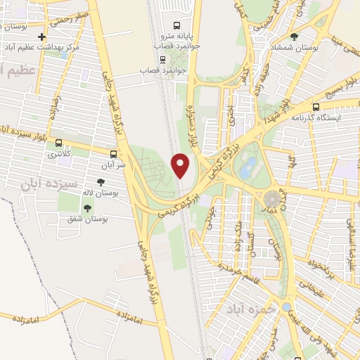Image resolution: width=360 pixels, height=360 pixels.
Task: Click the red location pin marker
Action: click(x=181, y=165)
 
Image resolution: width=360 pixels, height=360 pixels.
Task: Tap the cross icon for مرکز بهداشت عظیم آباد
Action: click(x=42, y=37)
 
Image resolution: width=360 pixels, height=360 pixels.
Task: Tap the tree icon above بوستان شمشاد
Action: click(x=294, y=37)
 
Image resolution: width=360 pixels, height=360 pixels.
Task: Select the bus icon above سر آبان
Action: click(x=114, y=153)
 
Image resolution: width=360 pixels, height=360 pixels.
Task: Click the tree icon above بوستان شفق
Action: click(x=87, y=208)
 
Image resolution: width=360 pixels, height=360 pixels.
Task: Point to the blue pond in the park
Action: click(x=247, y=167)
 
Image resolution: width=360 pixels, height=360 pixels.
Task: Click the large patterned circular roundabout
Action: click(x=273, y=198)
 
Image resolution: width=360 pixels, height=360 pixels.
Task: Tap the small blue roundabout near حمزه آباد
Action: click(x=286, y=307)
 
